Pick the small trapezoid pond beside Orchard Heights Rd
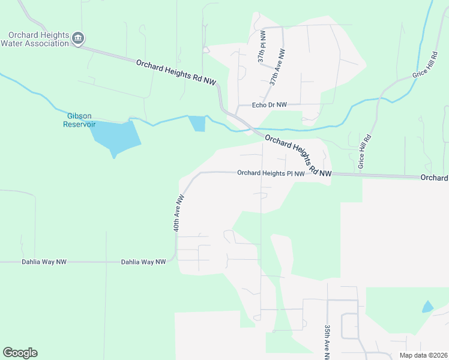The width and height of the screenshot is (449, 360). coord(197,124)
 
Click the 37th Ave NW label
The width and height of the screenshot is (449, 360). coord(277,68)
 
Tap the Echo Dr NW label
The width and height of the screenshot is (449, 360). coord(270,105)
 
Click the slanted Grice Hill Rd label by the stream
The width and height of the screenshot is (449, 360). coord(426,71)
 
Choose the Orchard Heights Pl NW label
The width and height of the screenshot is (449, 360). coord(271,173)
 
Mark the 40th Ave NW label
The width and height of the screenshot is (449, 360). coord(178,212)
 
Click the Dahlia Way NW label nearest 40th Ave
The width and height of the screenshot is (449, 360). coord(143,262)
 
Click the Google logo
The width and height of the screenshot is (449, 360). coord(20,353)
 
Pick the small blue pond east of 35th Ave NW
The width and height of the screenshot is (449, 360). coord(427,307)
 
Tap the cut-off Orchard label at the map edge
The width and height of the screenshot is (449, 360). coord(434,178)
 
